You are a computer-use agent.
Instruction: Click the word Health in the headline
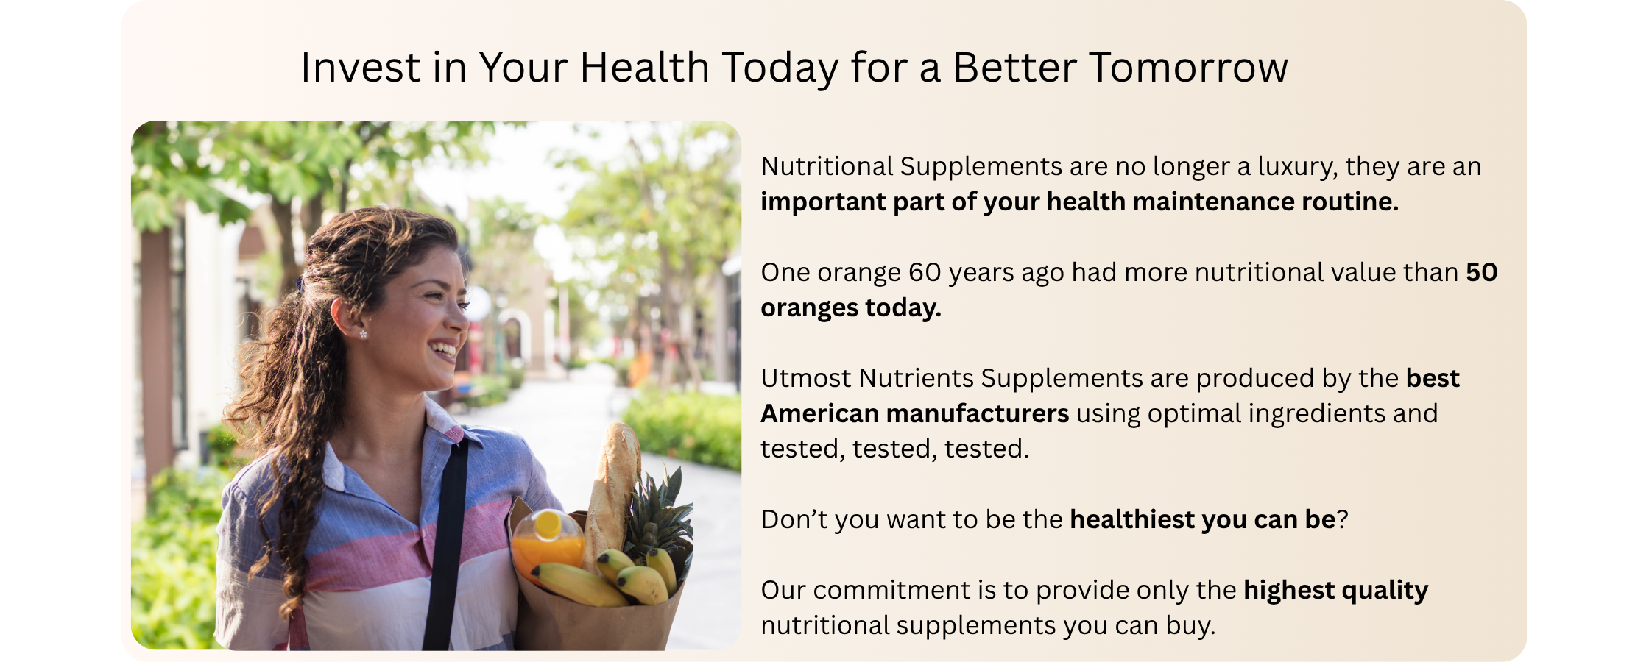644,68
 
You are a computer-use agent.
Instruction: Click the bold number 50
1482,273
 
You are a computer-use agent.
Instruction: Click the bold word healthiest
1132,520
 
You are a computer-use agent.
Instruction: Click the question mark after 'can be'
1343,520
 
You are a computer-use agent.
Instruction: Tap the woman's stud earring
363,335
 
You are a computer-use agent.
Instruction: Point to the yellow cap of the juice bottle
547,524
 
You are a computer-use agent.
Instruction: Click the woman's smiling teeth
444,349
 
